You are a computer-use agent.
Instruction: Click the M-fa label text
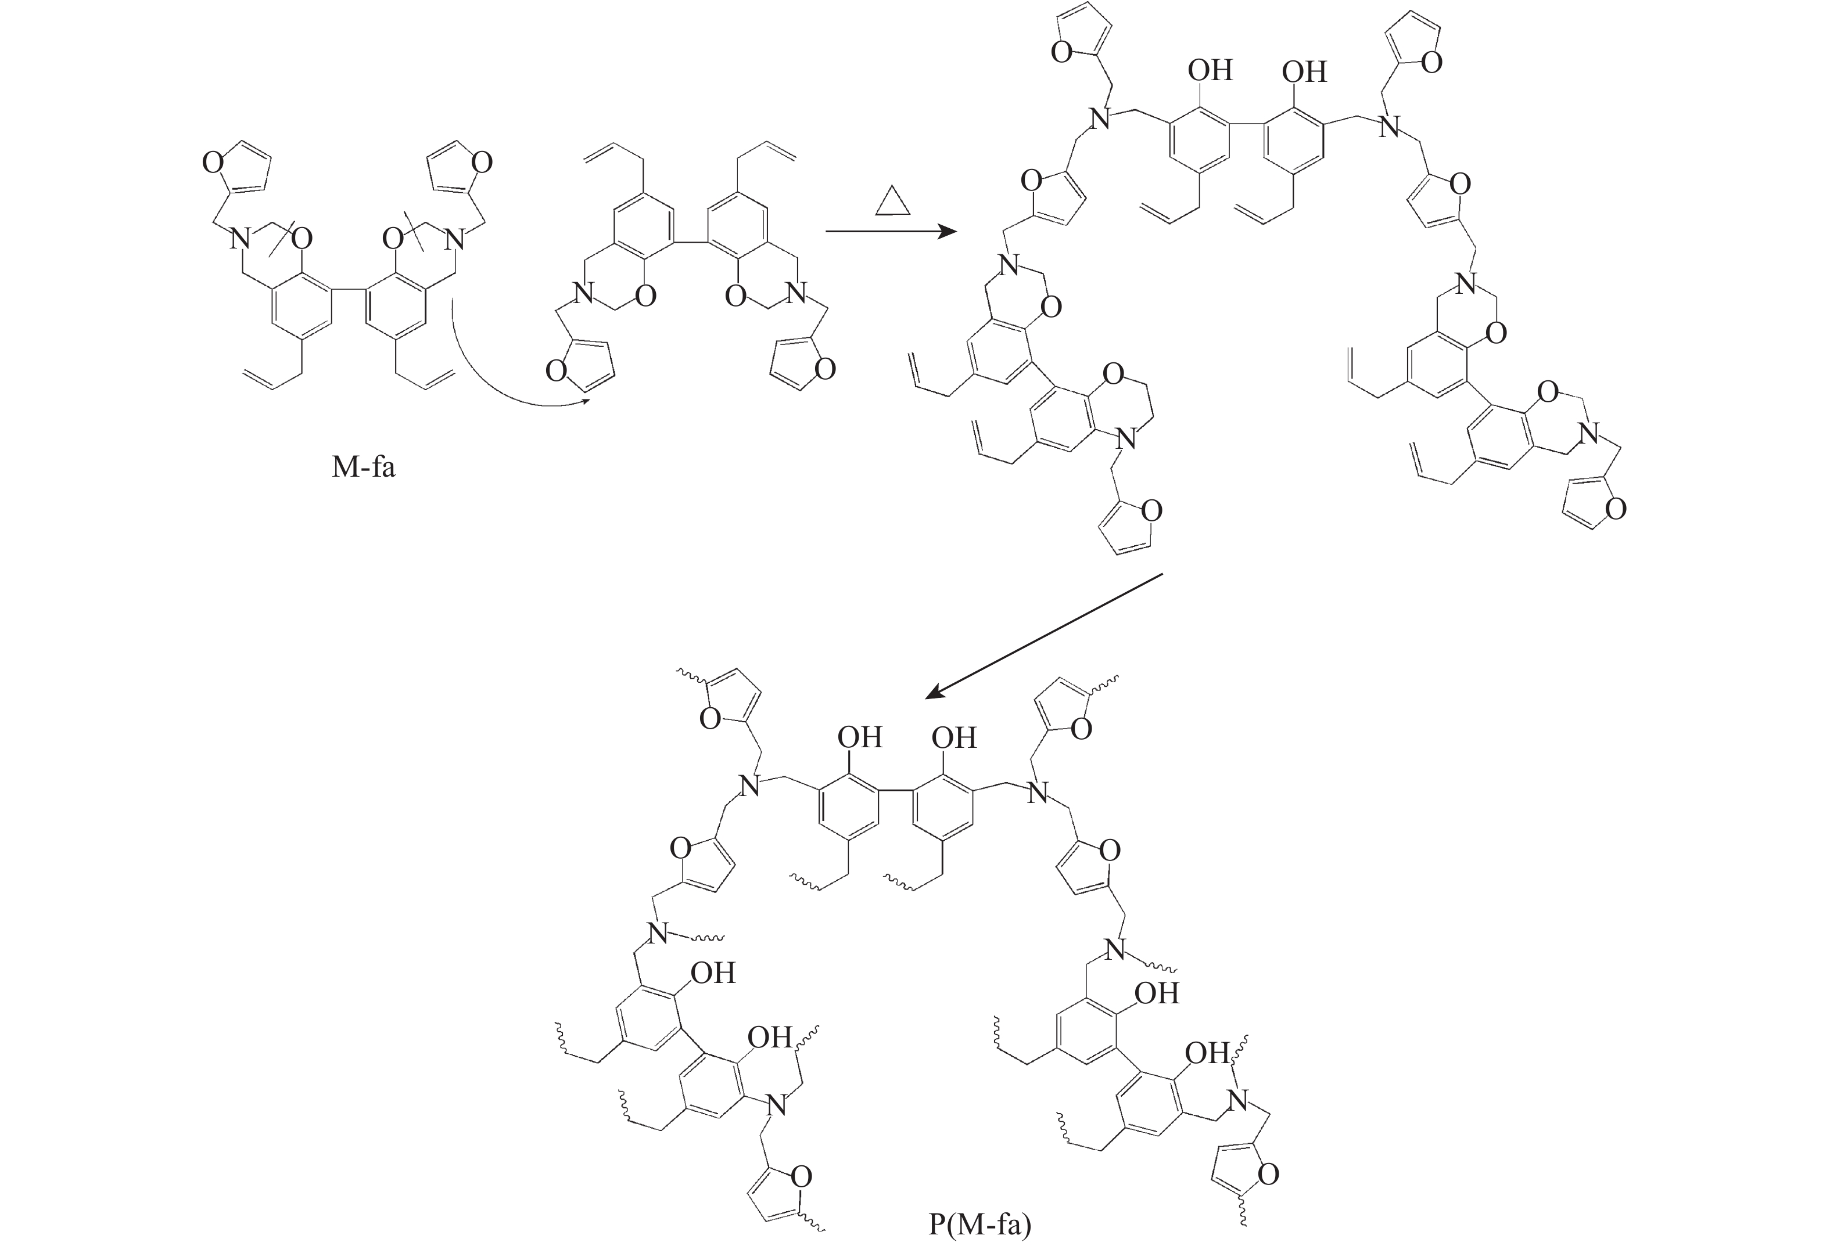pyautogui.click(x=363, y=467)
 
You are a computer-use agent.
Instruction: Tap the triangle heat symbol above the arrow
pyautogui.click(x=893, y=201)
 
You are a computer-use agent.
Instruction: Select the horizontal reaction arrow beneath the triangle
pyautogui.click(x=890, y=232)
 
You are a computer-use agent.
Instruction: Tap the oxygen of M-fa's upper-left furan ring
pyautogui.click(x=212, y=163)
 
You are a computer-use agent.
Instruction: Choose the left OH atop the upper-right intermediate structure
pyautogui.click(x=1210, y=71)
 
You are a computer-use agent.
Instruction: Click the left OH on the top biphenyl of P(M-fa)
pyautogui.click(x=860, y=737)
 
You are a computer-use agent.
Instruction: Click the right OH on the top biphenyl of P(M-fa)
pyautogui.click(x=955, y=737)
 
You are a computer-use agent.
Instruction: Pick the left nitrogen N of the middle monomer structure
pyautogui.click(x=583, y=295)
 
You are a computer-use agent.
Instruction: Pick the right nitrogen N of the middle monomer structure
pyautogui.click(x=798, y=295)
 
